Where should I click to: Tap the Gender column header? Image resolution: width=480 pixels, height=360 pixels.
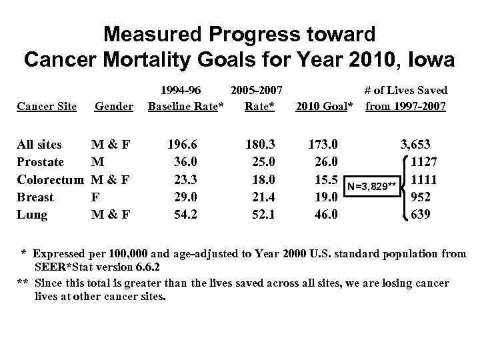point(115,106)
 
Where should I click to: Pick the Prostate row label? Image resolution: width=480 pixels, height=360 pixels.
point(41,162)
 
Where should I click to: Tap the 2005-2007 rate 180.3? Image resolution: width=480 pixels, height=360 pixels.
point(259,144)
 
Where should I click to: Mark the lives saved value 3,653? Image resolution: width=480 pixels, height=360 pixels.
point(419,144)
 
